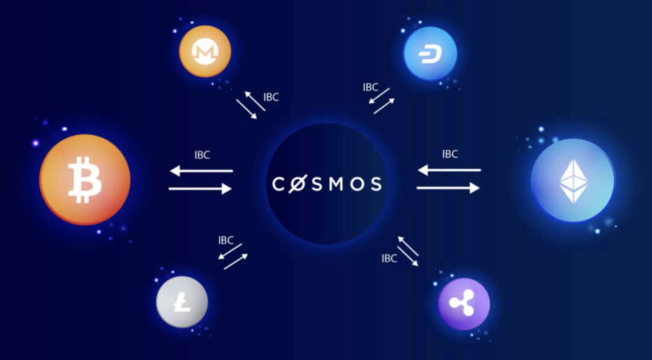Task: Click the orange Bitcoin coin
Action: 85,179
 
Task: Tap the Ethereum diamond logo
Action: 573,181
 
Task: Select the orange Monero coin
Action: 205,51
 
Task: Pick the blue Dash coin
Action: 430,53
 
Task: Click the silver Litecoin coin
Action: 182,302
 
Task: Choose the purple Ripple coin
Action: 464,304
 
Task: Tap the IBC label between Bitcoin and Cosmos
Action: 202,155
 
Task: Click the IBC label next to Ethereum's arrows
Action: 450,154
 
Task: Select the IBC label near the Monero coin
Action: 270,97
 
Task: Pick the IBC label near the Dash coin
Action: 371,87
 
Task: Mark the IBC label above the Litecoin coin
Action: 226,240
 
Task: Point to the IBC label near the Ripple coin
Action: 389,259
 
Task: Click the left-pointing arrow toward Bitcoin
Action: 201,170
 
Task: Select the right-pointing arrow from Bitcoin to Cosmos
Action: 200,189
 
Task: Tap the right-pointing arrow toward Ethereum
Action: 448,188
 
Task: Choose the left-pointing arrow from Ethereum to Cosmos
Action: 449,170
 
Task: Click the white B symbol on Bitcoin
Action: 85,180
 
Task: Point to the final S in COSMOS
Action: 376,184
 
